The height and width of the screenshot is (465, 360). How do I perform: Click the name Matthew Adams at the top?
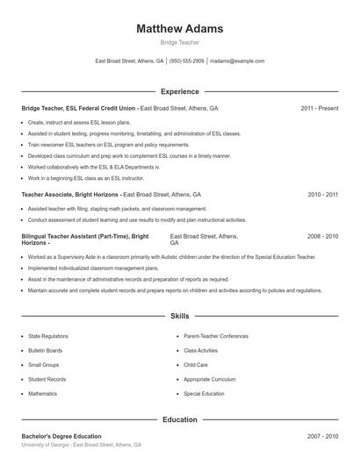(180, 29)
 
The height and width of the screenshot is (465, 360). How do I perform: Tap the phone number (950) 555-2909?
(187, 61)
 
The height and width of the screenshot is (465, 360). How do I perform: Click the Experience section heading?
(180, 91)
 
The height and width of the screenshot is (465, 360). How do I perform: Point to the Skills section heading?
(180, 315)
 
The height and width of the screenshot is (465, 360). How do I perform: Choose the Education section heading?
(180, 420)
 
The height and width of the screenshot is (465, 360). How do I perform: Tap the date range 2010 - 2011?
(322, 194)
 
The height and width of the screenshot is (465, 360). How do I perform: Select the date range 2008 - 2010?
(322, 237)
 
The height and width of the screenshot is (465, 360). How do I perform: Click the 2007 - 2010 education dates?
(322, 436)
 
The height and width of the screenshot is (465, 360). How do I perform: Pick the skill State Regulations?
(47, 336)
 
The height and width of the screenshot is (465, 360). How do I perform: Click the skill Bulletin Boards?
(45, 350)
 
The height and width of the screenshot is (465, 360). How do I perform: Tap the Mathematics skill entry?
(42, 394)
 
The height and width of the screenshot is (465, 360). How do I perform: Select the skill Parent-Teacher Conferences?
(216, 336)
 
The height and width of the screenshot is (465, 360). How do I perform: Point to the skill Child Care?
(196, 365)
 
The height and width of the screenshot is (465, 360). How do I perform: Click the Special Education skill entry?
(204, 394)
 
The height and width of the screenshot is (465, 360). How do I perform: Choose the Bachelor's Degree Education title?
(61, 436)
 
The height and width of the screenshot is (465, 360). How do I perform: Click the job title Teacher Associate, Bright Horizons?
(70, 194)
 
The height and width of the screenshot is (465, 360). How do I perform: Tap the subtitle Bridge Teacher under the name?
(180, 42)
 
